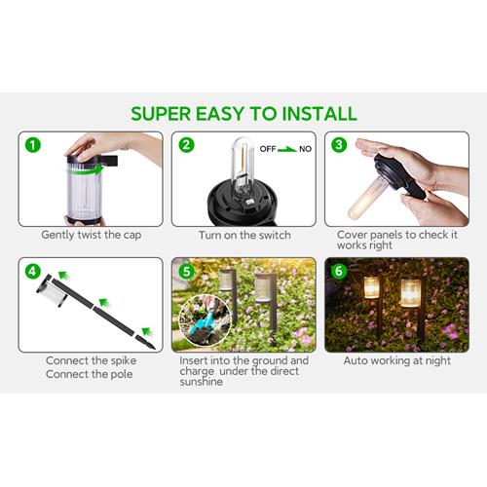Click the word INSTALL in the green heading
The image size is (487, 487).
(x=319, y=114)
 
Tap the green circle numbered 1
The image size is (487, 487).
(x=33, y=145)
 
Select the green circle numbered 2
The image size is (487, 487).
(x=186, y=145)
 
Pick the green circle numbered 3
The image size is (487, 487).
(x=339, y=145)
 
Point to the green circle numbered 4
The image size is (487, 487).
(x=33, y=271)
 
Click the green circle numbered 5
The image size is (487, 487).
(x=186, y=271)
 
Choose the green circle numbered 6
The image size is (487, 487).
(x=339, y=271)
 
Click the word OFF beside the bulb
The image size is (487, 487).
(x=268, y=149)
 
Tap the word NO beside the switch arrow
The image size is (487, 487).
(x=305, y=149)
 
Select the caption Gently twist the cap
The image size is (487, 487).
(x=92, y=235)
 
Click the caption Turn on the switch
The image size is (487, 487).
(x=244, y=235)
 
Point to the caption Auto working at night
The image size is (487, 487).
(x=397, y=361)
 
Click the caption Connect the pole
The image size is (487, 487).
(x=90, y=374)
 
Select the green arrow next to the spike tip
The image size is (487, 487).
(x=148, y=332)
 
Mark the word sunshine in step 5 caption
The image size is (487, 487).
(x=201, y=382)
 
